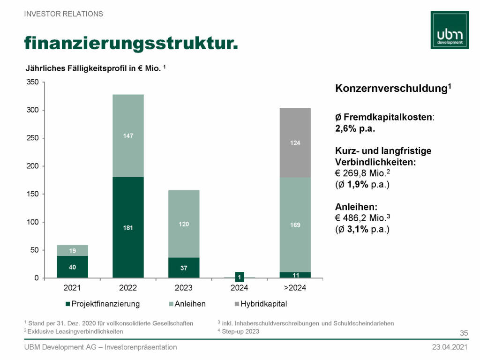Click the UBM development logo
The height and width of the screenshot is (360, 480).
point(450,29)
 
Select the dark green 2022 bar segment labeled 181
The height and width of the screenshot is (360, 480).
point(128,227)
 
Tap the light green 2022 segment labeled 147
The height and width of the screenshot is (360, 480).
point(128,136)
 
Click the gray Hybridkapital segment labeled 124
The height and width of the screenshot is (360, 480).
point(295,142)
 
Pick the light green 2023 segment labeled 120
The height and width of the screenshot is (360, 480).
point(184,224)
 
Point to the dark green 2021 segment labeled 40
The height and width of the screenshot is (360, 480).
point(72,267)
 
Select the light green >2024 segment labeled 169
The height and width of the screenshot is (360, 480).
point(295,225)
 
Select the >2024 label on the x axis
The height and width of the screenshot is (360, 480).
point(295,288)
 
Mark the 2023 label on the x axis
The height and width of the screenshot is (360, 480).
point(184,288)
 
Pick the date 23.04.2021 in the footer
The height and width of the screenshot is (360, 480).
point(450,347)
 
